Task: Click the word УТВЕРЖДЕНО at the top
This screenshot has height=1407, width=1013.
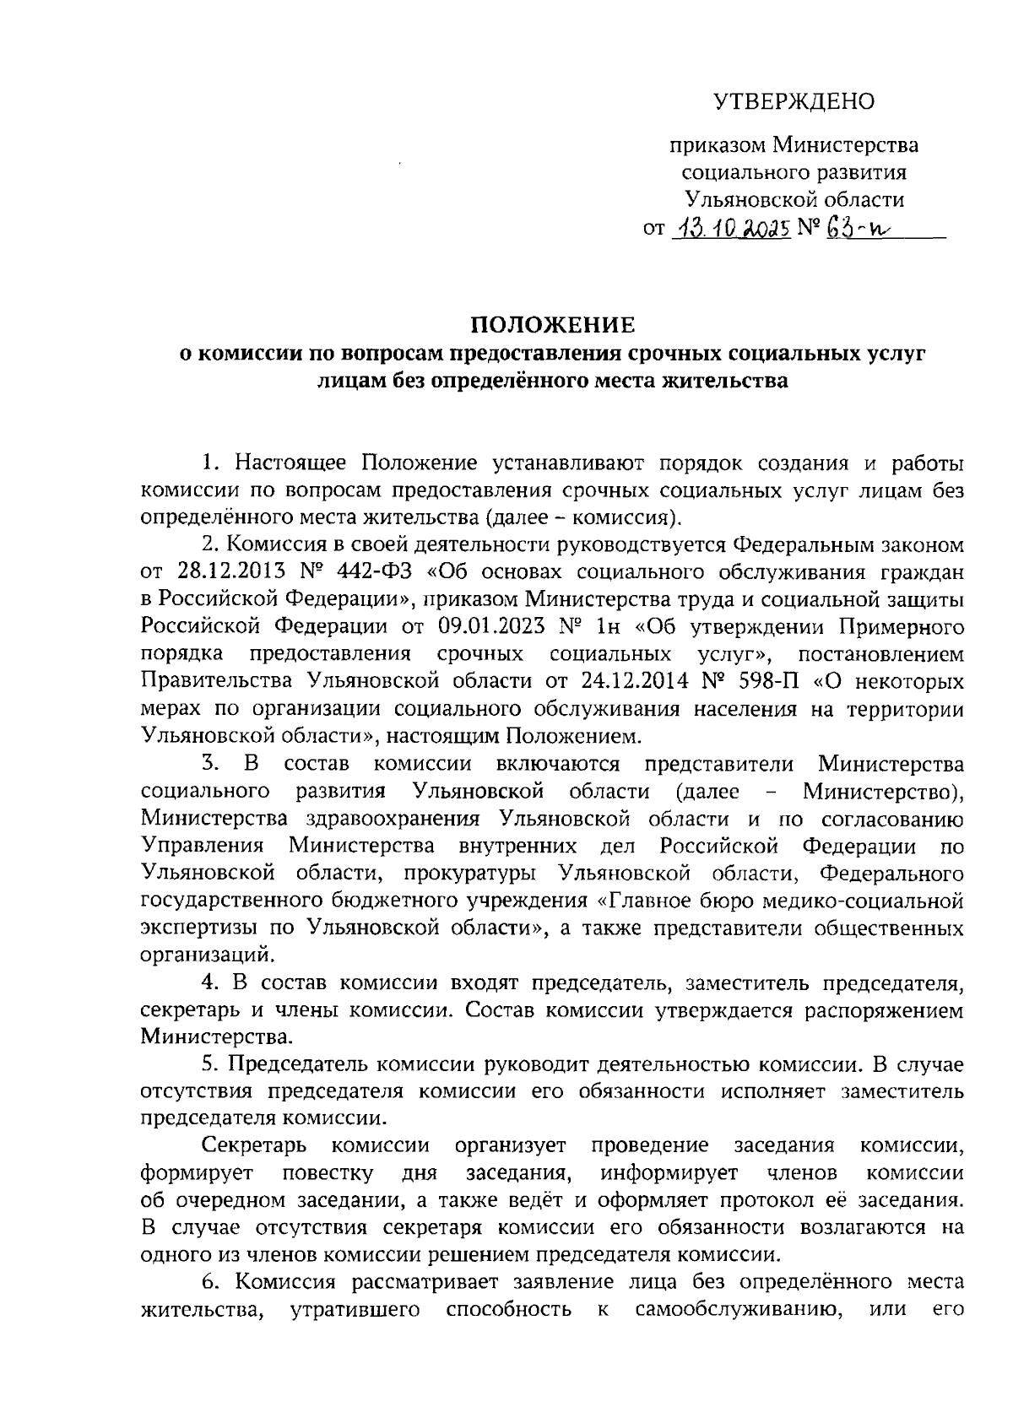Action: pos(794,102)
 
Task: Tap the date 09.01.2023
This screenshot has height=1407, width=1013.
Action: pos(490,627)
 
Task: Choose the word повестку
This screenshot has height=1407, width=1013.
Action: pos(328,1173)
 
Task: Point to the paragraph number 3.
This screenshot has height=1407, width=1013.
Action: pos(209,765)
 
